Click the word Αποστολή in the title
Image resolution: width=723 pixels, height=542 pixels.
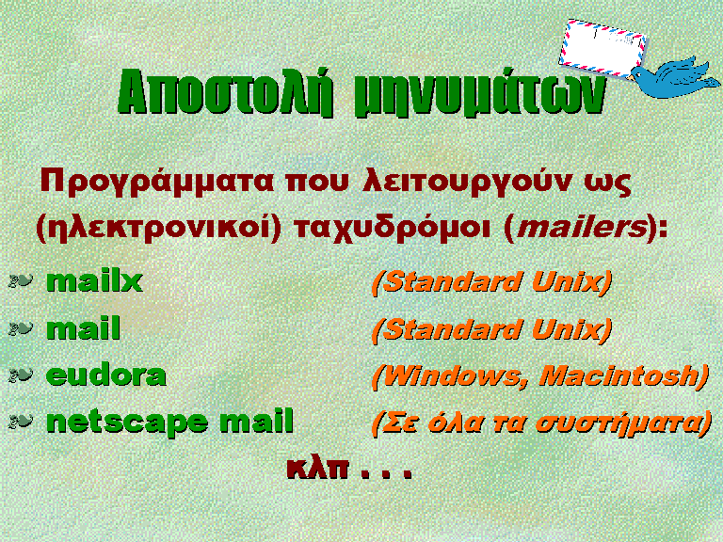pos(226,91)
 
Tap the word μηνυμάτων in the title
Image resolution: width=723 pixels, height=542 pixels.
pos(479,92)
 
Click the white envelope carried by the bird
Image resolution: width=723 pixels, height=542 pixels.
pos(602,48)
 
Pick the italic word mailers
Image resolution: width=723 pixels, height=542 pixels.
pos(583,227)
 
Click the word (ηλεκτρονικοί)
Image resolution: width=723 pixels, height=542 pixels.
pos(158,228)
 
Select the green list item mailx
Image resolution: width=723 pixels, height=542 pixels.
pos(94,280)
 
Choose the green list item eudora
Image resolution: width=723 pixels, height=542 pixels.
pos(106,375)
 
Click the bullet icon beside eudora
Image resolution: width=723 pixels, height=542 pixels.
pos(21,375)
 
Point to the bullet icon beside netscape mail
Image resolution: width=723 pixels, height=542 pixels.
pos(21,421)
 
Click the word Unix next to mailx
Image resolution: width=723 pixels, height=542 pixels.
pos(571,281)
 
